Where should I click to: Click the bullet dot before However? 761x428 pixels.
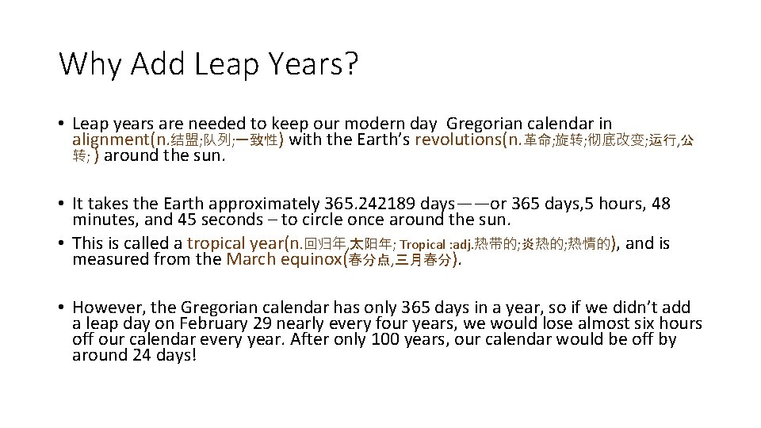[61, 308]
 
